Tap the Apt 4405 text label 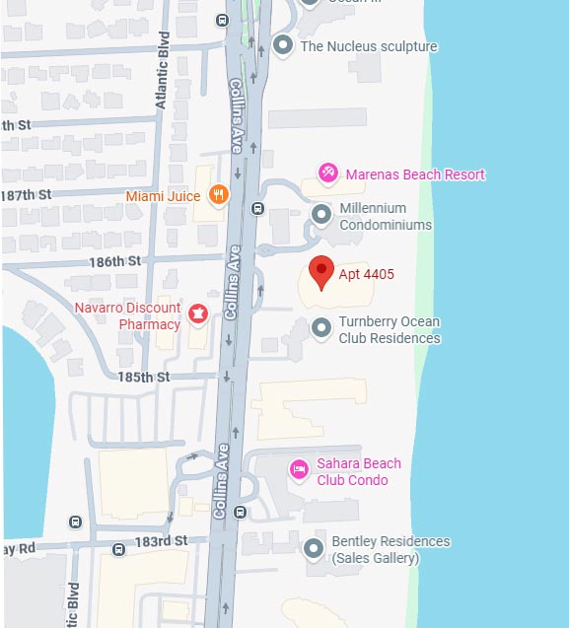point(366,274)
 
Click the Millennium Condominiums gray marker point(320,214)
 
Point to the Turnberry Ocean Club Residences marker point(320,327)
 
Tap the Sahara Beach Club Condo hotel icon point(297,468)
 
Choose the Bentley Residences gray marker point(314,548)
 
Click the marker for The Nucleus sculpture point(284,45)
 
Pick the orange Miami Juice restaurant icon point(219,194)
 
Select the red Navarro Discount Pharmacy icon point(198,314)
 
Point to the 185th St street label point(145,377)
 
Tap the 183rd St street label point(161,541)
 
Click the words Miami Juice point(163,195)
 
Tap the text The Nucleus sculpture point(369,46)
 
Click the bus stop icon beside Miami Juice point(257,208)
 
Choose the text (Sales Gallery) point(376,558)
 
